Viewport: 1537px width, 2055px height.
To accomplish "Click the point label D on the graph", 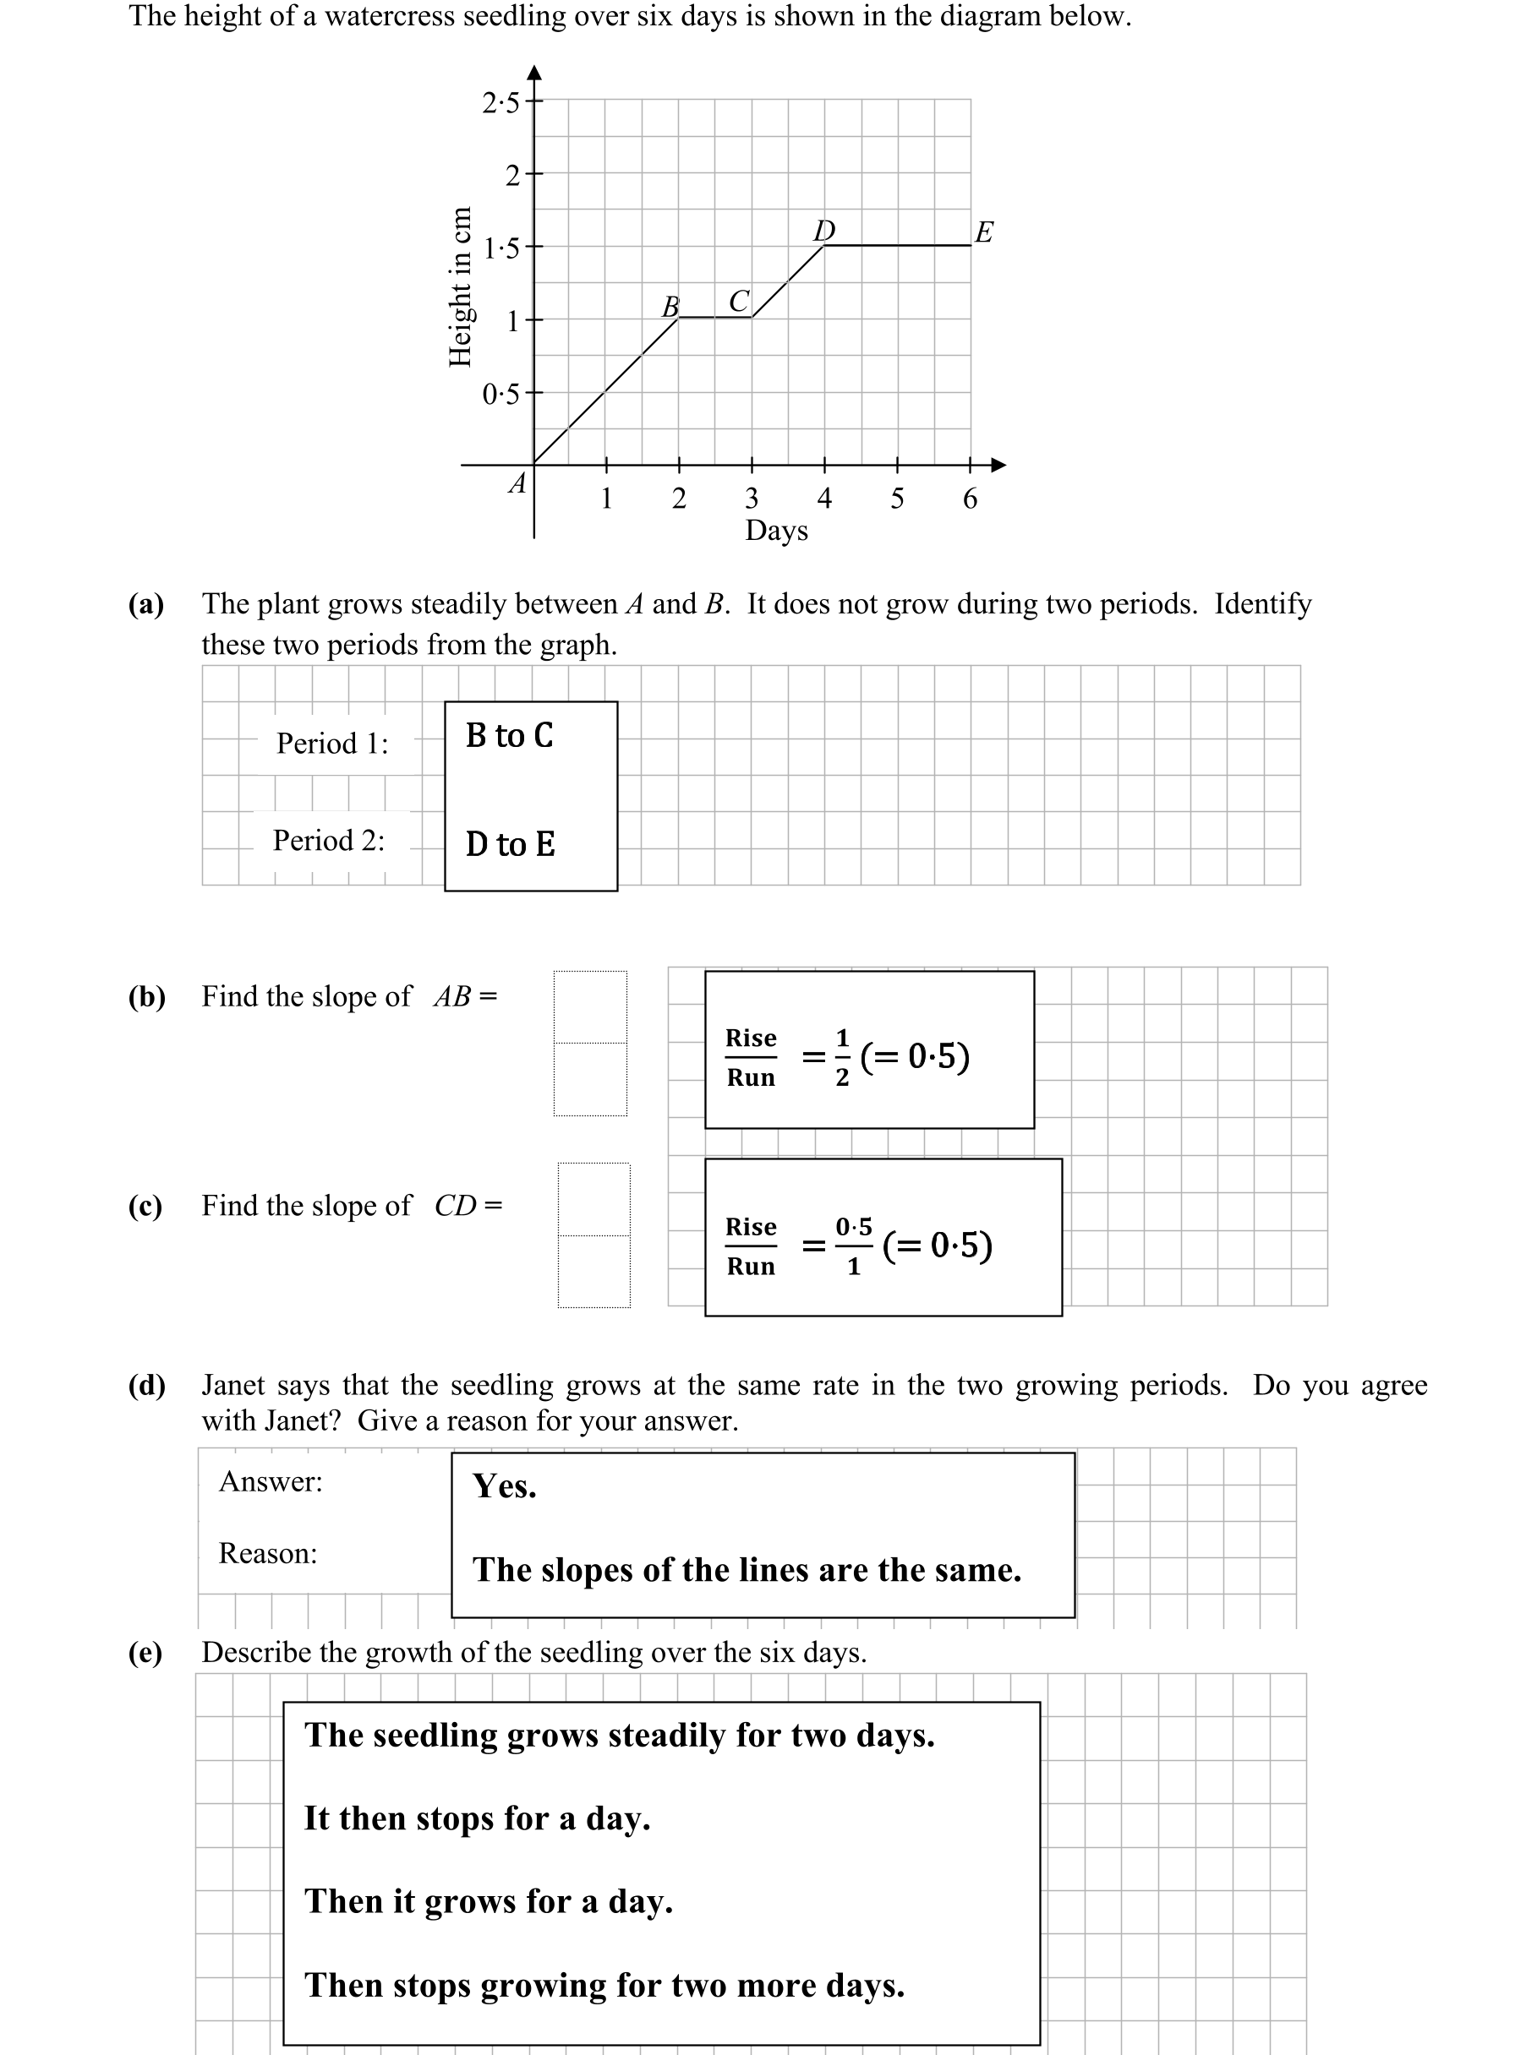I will [824, 230].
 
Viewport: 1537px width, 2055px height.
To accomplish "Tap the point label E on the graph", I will [984, 232].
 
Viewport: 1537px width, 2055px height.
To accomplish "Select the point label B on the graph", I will [670, 306].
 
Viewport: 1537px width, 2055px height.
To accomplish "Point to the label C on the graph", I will [739, 301].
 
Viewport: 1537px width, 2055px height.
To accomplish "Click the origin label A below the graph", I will [517, 483].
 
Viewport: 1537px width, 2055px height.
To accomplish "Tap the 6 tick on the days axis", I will [971, 499].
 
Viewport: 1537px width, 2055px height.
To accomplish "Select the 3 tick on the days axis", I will [752, 499].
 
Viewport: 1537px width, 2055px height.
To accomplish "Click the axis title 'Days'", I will [776, 531].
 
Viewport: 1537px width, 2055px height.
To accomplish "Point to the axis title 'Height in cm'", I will [460, 286].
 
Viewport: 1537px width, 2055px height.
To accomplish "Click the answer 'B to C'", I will [509, 736].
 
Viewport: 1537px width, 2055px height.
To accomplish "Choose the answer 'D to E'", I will [510, 844].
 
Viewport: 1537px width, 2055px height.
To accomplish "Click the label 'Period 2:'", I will [328, 841].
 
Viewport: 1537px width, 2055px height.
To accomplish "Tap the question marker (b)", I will [147, 996].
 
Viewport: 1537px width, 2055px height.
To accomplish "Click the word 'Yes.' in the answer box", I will [505, 1486].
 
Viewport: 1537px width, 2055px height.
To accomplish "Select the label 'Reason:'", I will [268, 1553].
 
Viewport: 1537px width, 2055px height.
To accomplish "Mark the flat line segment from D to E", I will [898, 246].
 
